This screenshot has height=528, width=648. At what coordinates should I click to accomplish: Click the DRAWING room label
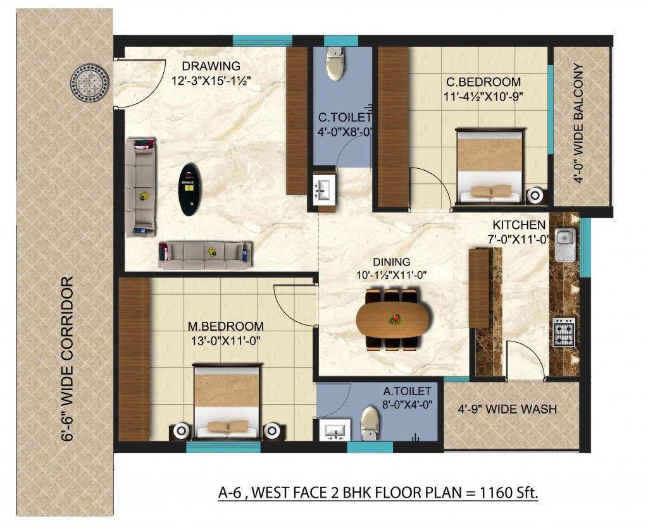pos(211,66)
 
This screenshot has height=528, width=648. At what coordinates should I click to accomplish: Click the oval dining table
pos(392,319)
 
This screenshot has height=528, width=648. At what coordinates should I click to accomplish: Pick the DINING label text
pos(391,262)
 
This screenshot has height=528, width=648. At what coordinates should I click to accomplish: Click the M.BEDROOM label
pos(226,326)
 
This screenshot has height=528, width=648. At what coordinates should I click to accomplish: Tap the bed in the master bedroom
pos(227,402)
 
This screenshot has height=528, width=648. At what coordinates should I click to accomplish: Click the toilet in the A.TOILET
pos(369,423)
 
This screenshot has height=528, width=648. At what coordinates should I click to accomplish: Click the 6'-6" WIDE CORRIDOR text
pos(71,359)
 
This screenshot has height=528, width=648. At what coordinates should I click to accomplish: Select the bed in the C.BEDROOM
pos(490,166)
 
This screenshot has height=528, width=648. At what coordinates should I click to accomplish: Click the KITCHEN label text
pos(519,225)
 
